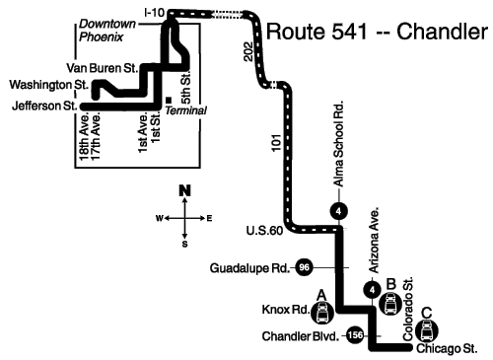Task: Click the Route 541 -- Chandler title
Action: (x=377, y=32)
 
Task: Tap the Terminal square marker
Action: (x=169, y=100)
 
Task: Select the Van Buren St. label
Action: (x=102, y=68)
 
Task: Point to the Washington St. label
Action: (x=49, y=85)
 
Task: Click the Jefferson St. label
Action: (x=44, y=106)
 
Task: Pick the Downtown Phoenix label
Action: (x=107, y=31)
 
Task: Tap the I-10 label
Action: (x=154, y=13)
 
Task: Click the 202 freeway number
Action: (x=248, y=51)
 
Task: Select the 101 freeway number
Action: (x=277, y=143)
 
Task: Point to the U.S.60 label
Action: (x=264, y=231)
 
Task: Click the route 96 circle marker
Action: (x=304, y=267)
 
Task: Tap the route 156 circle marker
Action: (x=355, y=335)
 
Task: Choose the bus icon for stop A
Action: (x=322, y=313)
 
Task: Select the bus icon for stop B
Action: (x=390, y=304)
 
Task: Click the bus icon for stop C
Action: (x=427, y=331)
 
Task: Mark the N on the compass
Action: (x=184, y=190)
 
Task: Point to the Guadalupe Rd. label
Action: (x=249, y=268)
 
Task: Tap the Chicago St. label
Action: (x=447, y=348)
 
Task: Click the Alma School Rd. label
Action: (x=338, y=144)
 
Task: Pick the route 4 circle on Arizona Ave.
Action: (x=372, y=290)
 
